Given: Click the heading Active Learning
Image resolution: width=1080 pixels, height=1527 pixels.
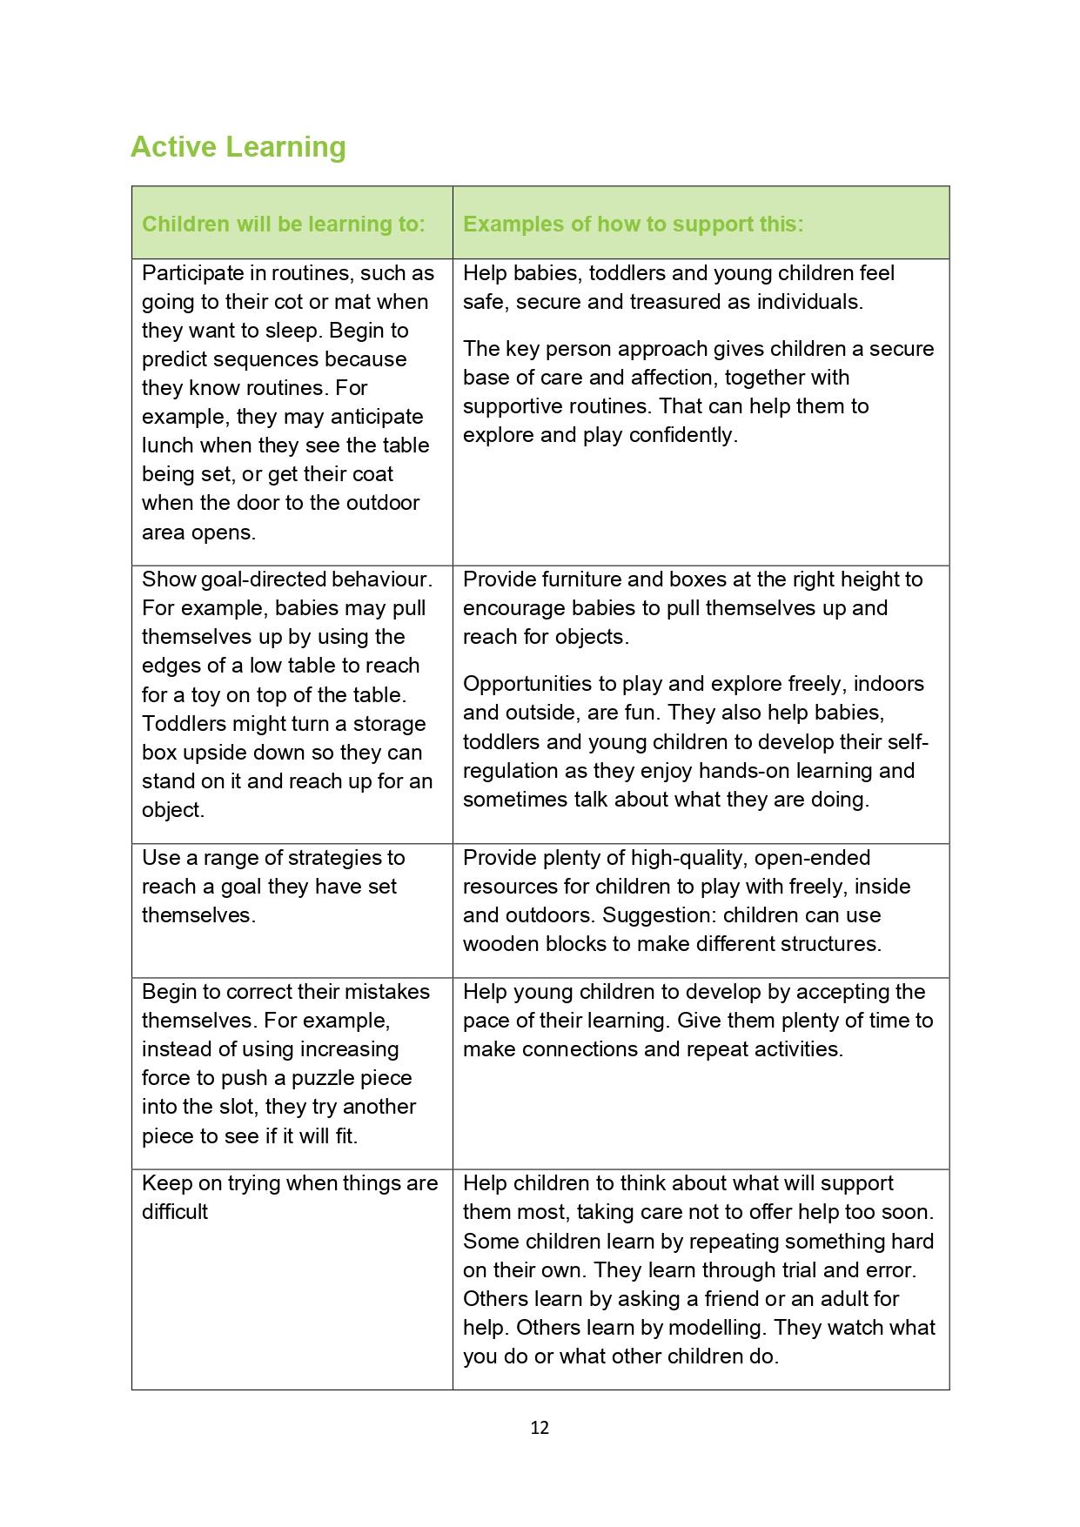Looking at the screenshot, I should [238, 146].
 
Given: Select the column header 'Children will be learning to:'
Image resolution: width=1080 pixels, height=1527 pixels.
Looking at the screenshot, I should [284, 224].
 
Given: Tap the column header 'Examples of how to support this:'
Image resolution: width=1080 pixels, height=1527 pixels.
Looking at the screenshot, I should [633, 224].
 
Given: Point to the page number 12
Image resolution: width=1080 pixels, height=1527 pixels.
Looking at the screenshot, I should [540, 1427].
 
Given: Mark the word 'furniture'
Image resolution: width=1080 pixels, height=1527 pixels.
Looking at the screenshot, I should [583, 579].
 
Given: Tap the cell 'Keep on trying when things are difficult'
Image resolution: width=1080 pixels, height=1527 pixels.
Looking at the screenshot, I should [290, 1197].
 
